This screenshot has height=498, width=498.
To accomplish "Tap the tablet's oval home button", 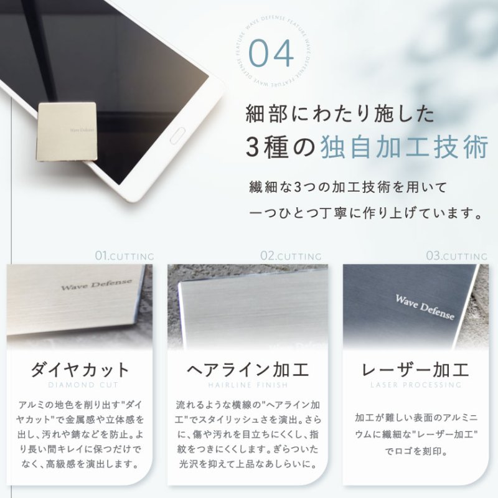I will click(179, 132).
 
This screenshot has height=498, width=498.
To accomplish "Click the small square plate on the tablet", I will click(66, 131).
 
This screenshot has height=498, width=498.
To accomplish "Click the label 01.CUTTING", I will click(125, 256).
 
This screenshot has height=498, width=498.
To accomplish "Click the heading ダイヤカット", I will click(80, 370).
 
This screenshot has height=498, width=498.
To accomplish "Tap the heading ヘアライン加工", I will click(248, 370).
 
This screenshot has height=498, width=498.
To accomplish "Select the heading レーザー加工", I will click(415, 370).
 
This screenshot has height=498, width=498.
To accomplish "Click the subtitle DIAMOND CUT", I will click(80, 385).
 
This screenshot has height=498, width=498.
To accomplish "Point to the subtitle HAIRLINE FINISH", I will click(248, 385).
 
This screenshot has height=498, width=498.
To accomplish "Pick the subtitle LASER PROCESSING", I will click(415, 385).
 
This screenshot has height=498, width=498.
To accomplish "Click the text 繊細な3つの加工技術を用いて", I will click(347, 187).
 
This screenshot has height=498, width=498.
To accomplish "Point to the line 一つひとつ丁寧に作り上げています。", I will click(365, 214).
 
